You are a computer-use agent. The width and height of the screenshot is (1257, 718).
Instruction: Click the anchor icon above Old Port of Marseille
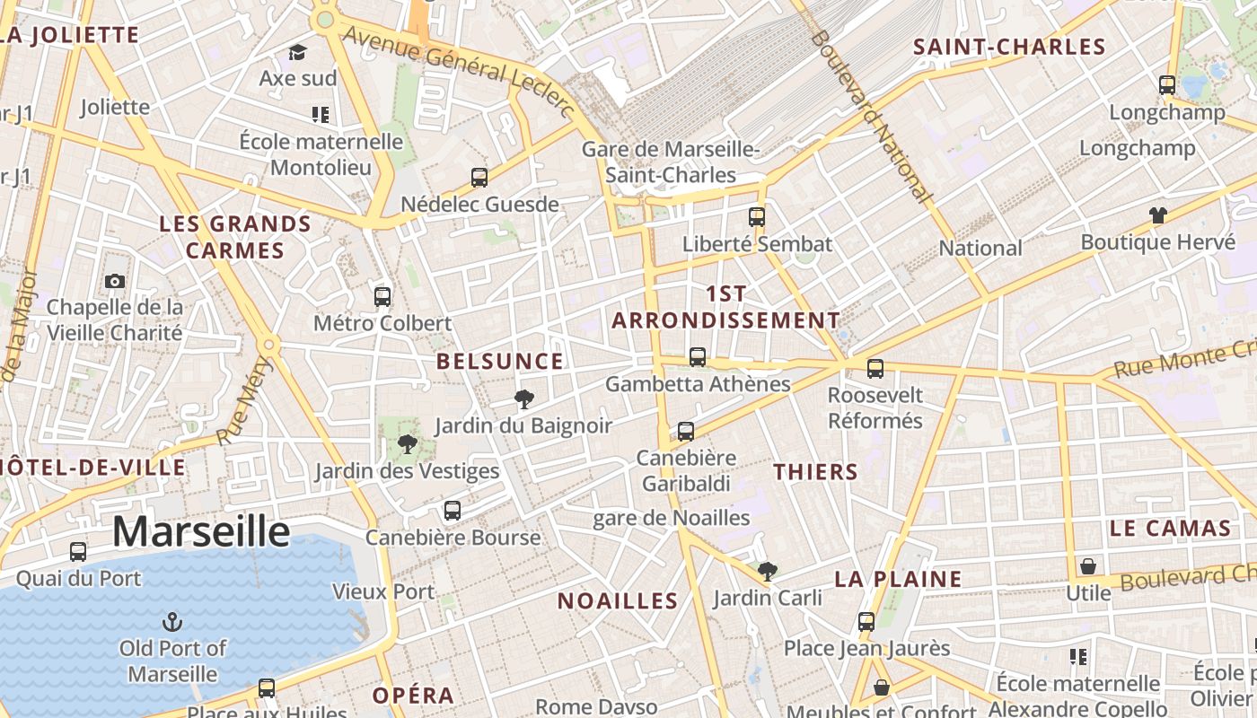point(171,621)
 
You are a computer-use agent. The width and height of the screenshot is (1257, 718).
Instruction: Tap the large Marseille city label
point(201,531)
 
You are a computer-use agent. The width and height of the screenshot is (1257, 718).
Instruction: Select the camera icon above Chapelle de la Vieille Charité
point(114,282)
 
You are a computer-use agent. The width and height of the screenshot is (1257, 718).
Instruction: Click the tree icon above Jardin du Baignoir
point(524,399)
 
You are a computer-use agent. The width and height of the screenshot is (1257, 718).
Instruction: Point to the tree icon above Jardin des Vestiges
point(408,444)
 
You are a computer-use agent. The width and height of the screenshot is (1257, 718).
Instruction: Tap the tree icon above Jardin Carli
point(767,571)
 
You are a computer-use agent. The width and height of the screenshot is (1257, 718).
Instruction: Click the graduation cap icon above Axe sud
point(297,53)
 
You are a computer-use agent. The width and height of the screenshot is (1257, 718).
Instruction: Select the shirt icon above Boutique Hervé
point(1157,215)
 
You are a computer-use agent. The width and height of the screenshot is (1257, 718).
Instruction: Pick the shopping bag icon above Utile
point(1087,566)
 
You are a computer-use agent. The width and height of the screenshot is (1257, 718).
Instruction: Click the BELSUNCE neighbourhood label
point(500,362)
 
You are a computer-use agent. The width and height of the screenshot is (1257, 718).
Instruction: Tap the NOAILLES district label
point(618,601)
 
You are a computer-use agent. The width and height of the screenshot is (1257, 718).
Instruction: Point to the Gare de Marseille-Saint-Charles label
point(671,162)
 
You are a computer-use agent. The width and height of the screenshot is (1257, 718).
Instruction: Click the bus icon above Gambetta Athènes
point(698,357)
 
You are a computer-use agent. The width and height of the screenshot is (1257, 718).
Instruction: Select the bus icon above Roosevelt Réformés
point(875,368)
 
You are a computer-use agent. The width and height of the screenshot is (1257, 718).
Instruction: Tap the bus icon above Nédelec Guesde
point(479,178)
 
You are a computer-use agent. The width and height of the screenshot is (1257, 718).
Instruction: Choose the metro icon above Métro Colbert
point(382,296)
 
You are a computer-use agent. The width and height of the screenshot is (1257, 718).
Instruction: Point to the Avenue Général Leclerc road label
point(459,70)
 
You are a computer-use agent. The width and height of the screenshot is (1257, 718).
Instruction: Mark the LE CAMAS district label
point(1169,529)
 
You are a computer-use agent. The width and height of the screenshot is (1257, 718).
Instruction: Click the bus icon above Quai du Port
point(78,552)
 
